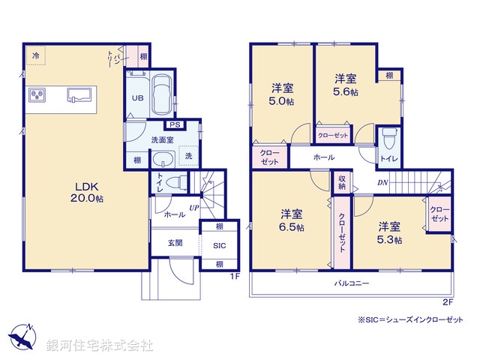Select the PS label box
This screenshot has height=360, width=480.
click(174, 124)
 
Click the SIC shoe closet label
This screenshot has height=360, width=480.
click(219, 245)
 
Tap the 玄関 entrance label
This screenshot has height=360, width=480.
click(175, 242)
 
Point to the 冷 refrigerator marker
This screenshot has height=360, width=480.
click(35, 55)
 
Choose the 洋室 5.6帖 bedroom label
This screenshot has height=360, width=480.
click(345, 84)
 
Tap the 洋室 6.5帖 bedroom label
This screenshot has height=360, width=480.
click(292, 218)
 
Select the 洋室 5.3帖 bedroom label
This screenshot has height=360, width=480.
click(389, 232)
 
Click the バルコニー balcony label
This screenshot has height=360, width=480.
click(352, 283)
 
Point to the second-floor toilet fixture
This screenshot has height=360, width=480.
click(388, 139)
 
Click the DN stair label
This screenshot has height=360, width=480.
click(382, 184)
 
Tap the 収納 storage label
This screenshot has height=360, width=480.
click(341, 182)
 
